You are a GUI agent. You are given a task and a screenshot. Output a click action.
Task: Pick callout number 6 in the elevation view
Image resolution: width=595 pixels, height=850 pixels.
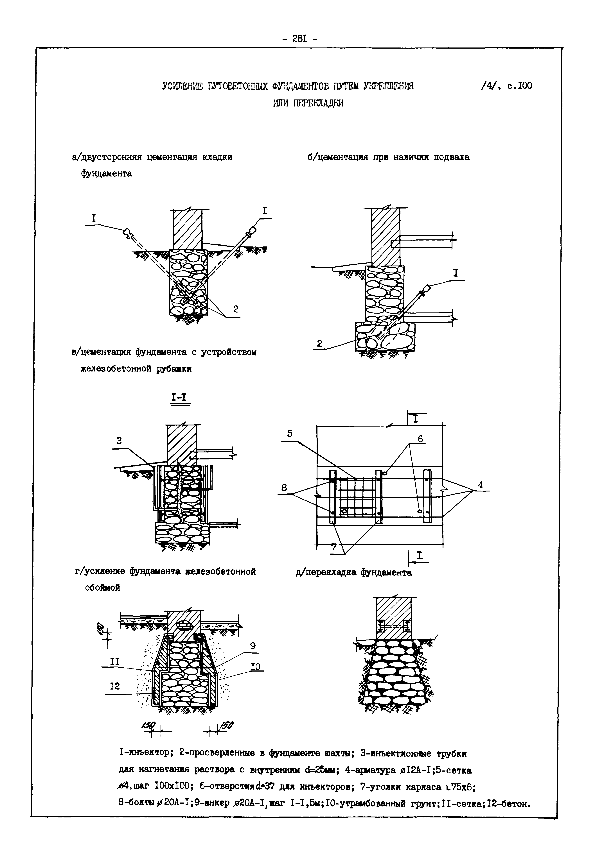click(420, 439)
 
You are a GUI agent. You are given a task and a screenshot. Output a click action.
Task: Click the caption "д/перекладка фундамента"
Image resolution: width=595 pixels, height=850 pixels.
click(354, 572)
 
